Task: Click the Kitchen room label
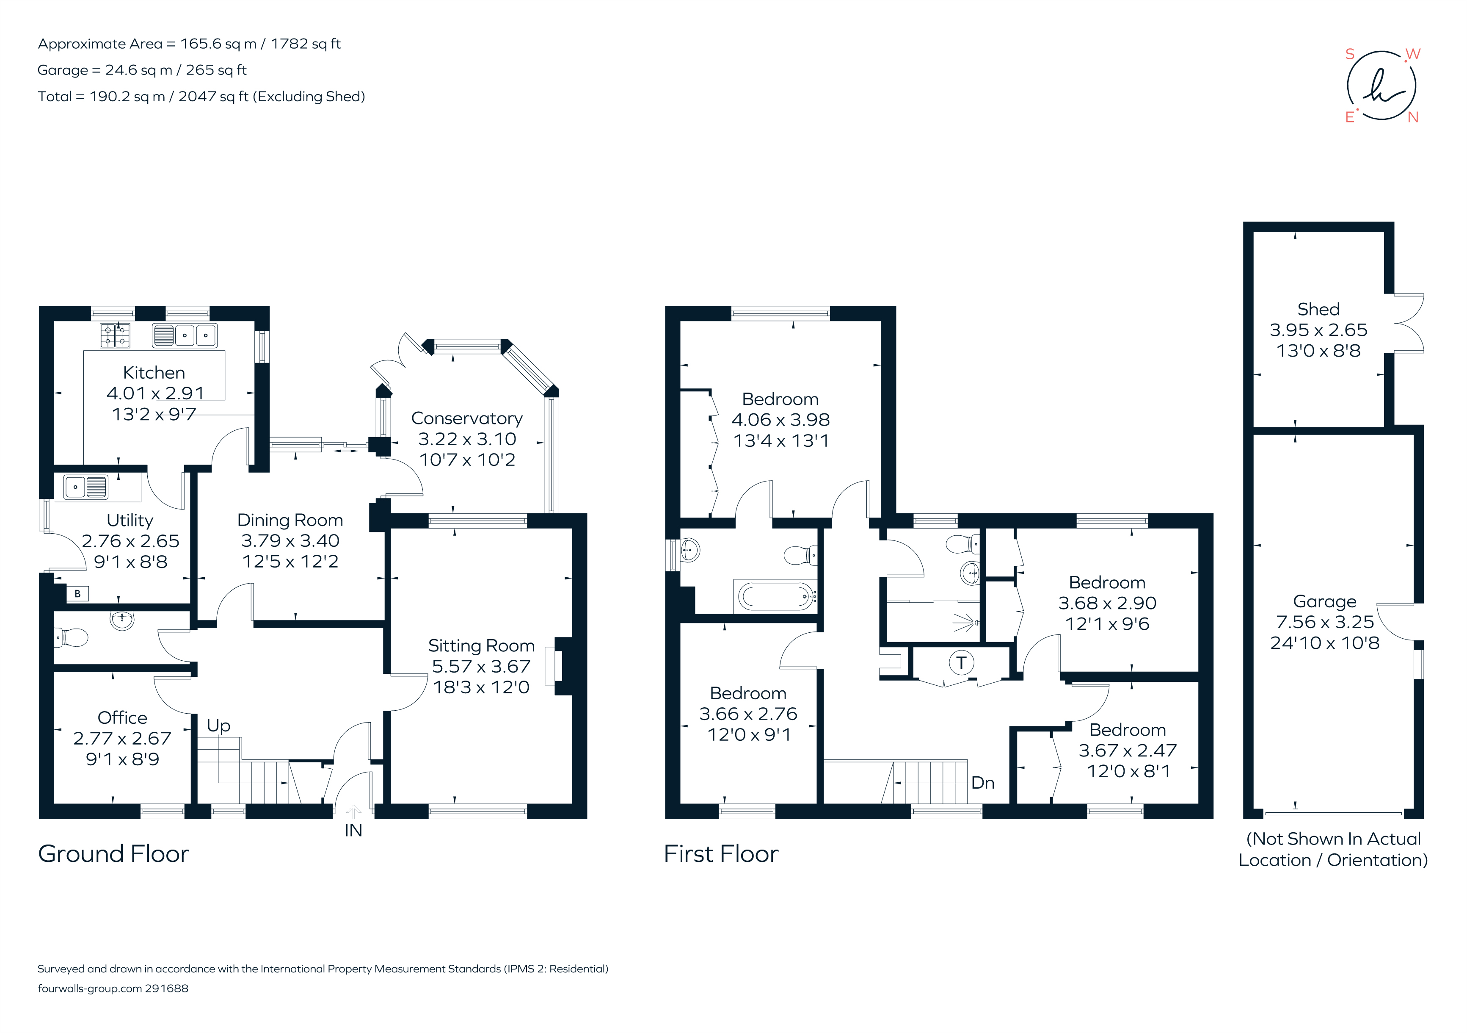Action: tap(154, 373)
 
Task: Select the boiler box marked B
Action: tap(77, 594)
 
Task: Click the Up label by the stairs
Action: tap(218, 726)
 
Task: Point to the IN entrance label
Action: tap(353, 831)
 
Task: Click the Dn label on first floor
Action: tap(983, 783)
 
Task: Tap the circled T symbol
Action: tap(961, 663)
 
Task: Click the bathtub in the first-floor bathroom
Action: tap(775, 597)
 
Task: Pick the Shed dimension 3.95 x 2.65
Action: tap(1318, 330)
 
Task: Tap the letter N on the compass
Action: tap(1413, 118)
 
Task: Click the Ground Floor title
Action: tap(114, 854)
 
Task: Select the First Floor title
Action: tap(721, 854)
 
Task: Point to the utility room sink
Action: tap(85, 488)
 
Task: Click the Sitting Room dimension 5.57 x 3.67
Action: tap(481, 666)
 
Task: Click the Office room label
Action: tap(122, 718)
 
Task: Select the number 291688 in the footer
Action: tap(167, 988)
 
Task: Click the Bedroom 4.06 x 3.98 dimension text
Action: tap(780, 420)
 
